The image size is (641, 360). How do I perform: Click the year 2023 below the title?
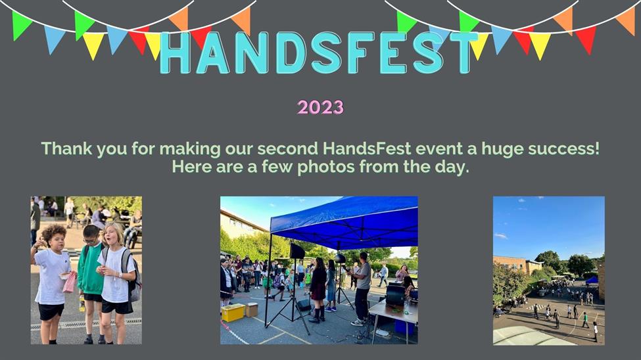coord(321,107)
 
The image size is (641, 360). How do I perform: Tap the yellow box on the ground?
coord(233,313)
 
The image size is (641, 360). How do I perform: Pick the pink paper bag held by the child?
coord(70,282)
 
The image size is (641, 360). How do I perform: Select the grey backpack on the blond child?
coord(131,275)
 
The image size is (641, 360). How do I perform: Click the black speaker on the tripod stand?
coord(297,251)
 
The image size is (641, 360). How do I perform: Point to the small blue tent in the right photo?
coord(592,280)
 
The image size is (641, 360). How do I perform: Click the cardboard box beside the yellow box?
coord(251,309)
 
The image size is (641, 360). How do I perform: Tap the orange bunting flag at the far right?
coord(627,20)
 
